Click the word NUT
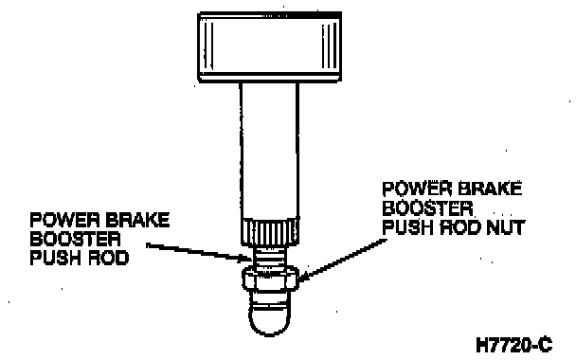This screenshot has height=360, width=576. (505, 227)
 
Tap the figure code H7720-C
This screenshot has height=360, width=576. (513, 345)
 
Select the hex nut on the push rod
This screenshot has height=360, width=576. (270, 279)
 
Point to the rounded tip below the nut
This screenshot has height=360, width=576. (270, 315)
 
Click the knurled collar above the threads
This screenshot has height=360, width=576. (270, 232)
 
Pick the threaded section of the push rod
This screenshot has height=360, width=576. (270, 256)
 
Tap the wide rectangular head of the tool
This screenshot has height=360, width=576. (270, 46)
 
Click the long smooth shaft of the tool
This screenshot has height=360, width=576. (270, 151)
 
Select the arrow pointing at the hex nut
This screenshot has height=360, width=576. (342, 260)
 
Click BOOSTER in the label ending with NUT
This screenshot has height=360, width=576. (427, 208)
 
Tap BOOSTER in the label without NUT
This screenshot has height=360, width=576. (75, 239)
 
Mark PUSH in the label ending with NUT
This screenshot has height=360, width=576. (407, 227)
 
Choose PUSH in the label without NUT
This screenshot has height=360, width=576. (55, 258)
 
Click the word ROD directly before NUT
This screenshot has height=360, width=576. (459, 227)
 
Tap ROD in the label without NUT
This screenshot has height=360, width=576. (107, 258)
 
